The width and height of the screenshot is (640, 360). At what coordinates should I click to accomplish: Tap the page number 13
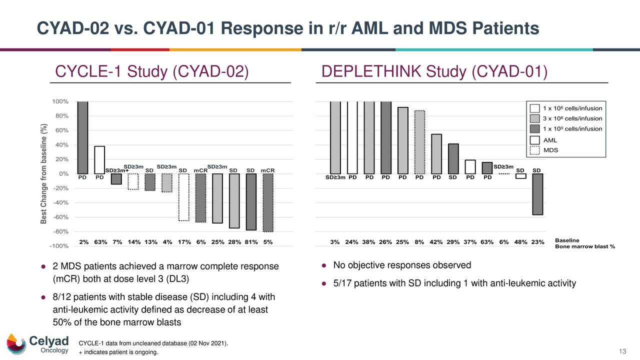click(x=622, y=353)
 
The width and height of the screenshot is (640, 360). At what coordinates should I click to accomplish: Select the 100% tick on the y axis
click(x=60, y=101)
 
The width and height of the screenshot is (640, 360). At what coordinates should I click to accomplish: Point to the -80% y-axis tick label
click(x=60, y=231)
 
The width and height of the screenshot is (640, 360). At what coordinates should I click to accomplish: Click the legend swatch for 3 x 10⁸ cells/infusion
click(x=535, y=118)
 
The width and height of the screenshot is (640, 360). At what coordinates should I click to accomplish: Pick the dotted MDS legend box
click(x=535, y=150)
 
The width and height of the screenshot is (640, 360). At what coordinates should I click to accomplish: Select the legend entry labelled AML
click(x=549, y=140)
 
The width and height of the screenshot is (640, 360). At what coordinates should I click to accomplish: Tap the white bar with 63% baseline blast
click(x=99, y=160)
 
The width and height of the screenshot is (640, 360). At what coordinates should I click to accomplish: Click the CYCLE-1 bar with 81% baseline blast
click(x=251, y=202)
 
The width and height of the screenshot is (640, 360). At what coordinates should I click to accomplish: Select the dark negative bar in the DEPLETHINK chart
click(x=537, y=194)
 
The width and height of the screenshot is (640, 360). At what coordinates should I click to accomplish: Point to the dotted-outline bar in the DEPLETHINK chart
click(x=420, y=142)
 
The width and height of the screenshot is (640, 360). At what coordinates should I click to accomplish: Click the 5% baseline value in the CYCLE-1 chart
click(x=268, y=242)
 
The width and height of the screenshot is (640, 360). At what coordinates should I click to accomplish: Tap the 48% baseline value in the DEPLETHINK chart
click(x=520, y=242)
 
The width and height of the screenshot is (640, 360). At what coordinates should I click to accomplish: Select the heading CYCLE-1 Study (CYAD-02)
click(x=151, y=72)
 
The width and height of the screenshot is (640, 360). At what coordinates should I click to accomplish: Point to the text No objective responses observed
click(x=402, y=265)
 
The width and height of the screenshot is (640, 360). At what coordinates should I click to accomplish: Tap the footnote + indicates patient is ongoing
click(x=118, y=353)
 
